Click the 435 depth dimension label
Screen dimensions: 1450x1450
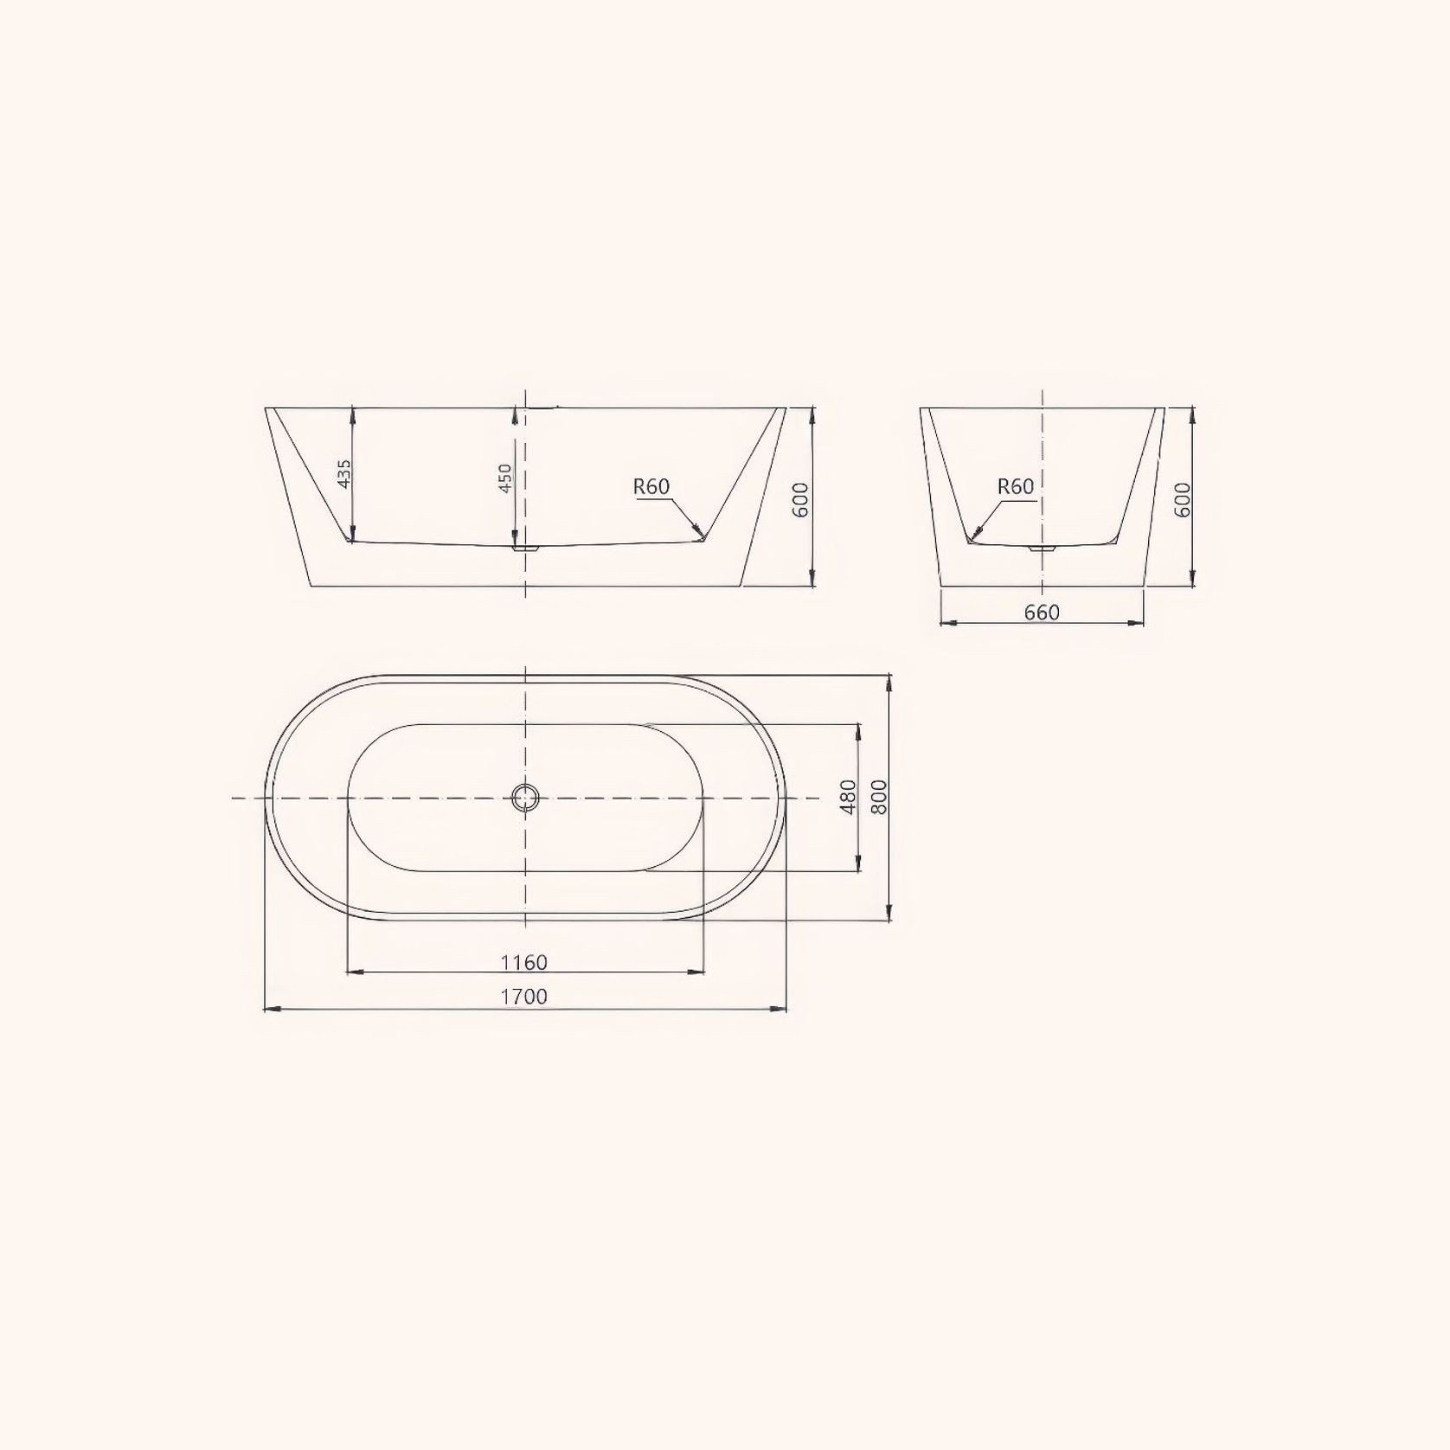[344, 474]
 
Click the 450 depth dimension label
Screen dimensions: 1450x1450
[506, 477]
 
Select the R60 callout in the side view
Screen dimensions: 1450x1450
[651, 487]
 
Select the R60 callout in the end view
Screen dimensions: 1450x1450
[1016, 487]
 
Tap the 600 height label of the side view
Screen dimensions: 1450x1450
[801, 499]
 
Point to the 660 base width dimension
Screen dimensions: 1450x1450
[1042, 613]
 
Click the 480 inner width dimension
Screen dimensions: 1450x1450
[848, 796]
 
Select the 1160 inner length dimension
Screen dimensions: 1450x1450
[524, 962]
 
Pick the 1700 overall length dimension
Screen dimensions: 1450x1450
[524, 997]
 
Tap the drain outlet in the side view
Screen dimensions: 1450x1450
[525, 548]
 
